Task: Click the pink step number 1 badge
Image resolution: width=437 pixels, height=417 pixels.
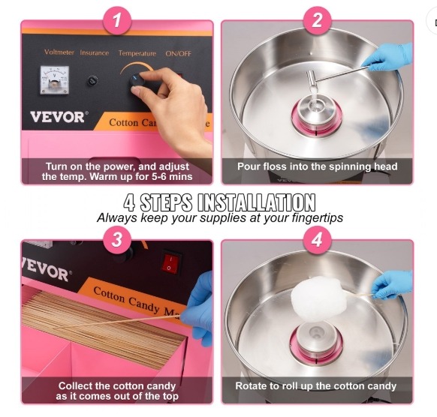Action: point(117,21)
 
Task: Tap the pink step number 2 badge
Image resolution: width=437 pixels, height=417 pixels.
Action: point(317,21)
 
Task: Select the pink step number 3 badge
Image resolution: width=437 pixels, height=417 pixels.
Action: point(117,240)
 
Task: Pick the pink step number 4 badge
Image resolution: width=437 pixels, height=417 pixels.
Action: point(317,240)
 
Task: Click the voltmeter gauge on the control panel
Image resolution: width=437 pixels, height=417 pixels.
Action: point(55,80)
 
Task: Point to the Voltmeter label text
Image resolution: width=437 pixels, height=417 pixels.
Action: point(59,52)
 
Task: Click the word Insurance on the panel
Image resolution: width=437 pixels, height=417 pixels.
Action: point(94,52)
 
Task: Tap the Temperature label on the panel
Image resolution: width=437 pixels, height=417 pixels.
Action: point(137,53)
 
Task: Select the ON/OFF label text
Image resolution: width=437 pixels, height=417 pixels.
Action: point(179,53)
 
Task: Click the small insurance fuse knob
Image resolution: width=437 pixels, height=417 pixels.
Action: point(92,81)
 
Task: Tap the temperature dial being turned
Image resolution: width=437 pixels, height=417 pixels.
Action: point(137,80)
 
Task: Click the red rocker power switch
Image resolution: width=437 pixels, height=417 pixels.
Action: point(170,262)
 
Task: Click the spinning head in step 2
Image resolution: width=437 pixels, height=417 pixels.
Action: point(317,112)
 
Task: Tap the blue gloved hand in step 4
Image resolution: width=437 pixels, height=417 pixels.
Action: point(393,285)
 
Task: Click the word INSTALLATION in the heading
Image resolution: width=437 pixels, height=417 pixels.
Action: point(256,202)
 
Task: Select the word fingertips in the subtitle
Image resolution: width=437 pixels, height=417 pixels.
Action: point(317,217)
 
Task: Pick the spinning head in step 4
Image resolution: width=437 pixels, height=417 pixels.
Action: point(317,339)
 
